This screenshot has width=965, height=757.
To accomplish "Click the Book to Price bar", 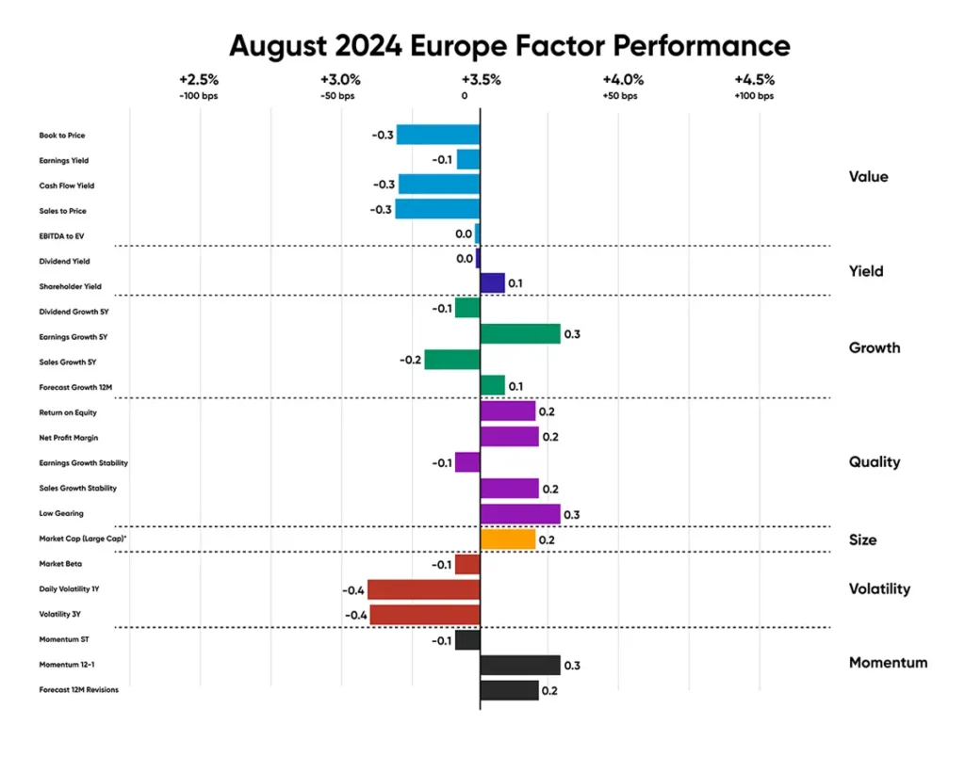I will coord(438,135).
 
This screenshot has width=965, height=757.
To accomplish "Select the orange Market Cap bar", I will coord(508,540).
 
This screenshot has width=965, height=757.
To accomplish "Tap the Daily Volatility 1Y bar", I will coord(423,589).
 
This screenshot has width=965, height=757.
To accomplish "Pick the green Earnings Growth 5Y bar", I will coord(520,333).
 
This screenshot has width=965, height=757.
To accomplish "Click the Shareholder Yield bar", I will coord(492,283).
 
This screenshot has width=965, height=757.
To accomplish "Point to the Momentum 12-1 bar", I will coord(520,666).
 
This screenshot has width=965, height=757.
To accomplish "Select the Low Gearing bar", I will coord(520,513).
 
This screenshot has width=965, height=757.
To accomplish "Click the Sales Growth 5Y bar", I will coord(452,359).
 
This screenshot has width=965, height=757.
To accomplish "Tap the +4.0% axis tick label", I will coord(619,79).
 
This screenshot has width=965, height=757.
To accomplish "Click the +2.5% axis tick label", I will coord(198,79).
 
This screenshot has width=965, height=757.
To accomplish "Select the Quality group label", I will coord(875,462).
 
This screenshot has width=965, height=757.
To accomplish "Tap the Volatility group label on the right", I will coord(879,589).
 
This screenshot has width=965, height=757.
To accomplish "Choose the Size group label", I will coord(862,540).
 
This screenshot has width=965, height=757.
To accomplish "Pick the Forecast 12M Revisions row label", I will coord(79,690).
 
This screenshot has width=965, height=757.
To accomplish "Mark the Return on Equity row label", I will coord(68,412).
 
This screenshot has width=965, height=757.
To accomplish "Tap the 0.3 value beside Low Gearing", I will coord(571,514).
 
